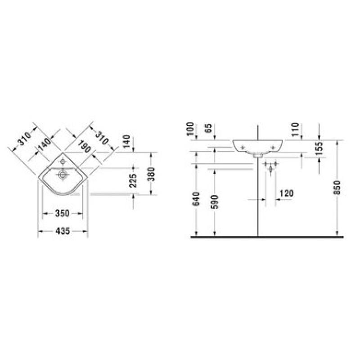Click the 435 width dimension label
click(63, 231)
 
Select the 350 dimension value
click(62, 213)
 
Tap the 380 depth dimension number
click(151, 174)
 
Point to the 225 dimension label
click(133, 180)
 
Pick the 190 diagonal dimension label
click(85, 147)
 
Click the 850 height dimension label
click(337, 188)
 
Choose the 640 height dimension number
click(197, 199)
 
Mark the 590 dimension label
click(215, 202)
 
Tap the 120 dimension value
click(287, 193)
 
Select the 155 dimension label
click(319, 148)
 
